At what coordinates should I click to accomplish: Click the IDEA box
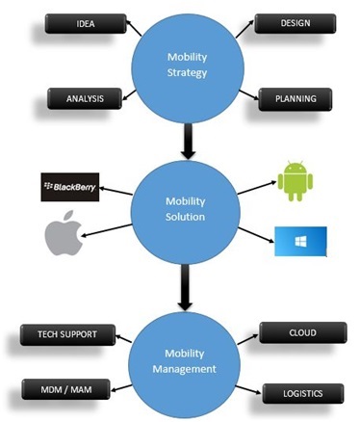pos(85,23)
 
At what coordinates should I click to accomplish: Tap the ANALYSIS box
pos(85,97)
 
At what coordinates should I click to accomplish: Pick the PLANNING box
pos(295,97)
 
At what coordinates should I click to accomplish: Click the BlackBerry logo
pos(70,186)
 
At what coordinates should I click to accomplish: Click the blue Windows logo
pos(299,241)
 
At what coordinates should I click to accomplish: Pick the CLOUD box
pos(301,332)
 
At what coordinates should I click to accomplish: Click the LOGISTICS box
pos(302,393)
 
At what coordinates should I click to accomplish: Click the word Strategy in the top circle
pos(187,72)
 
